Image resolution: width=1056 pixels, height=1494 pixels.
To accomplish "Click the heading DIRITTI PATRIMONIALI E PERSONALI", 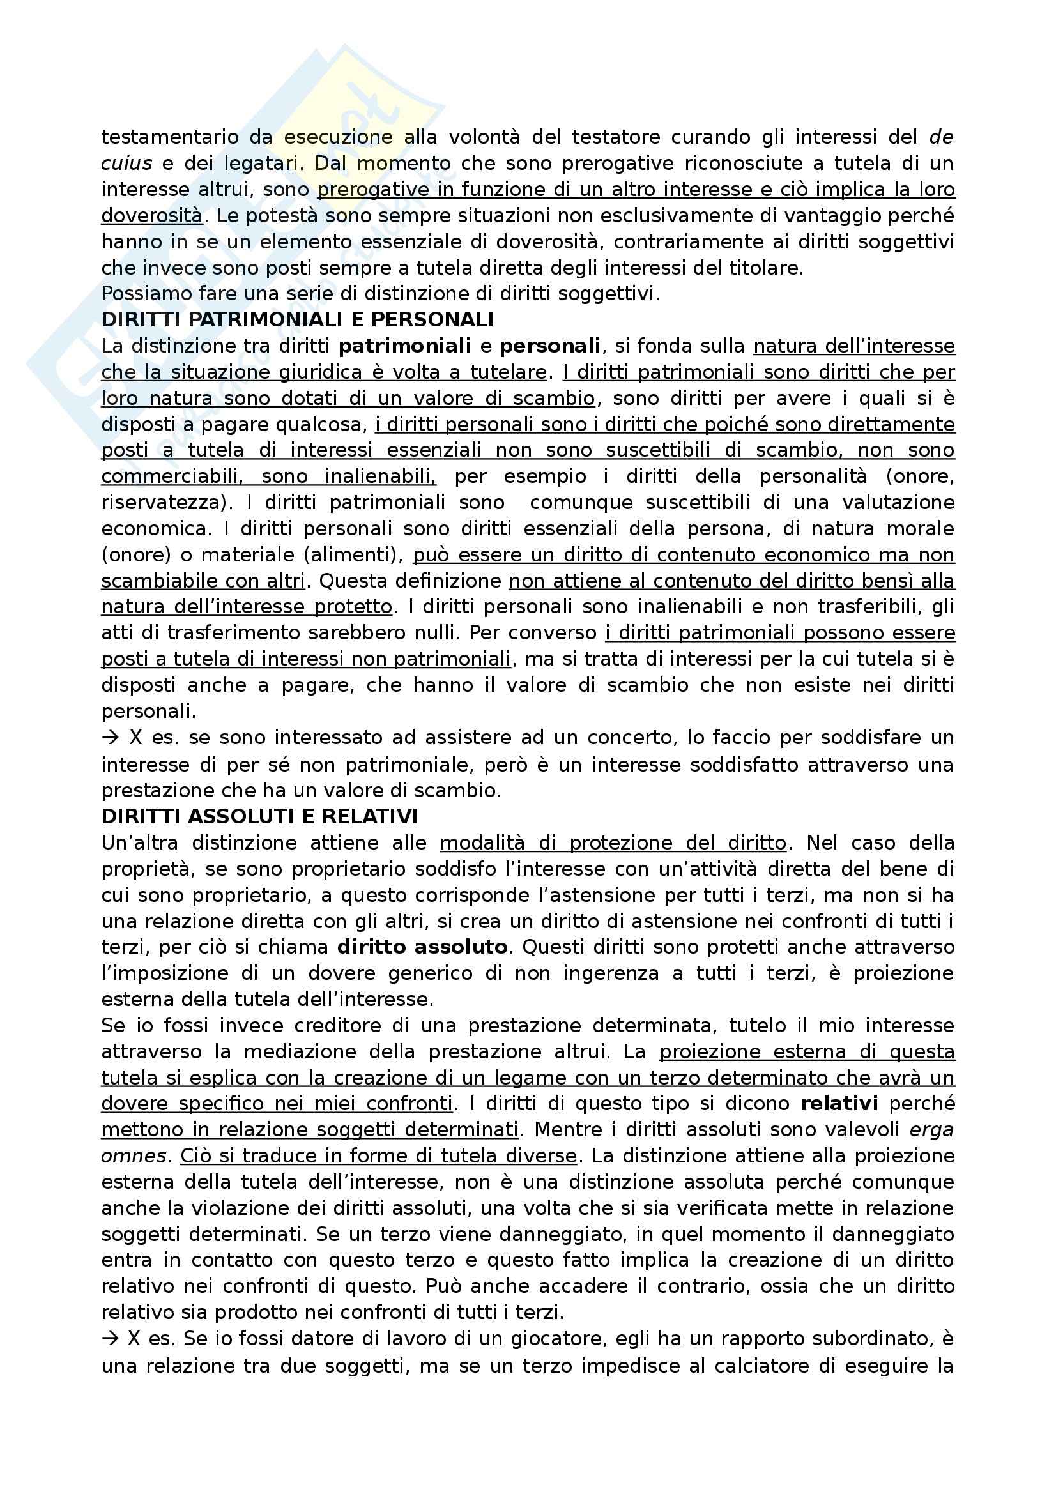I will pyautogui.click(x=297, y=319).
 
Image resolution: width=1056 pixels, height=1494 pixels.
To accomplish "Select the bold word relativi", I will pyautogui.click(x=839, y=1103).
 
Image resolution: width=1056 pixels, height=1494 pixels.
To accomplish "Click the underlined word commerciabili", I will pyautogui.click(x=171, y=476).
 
